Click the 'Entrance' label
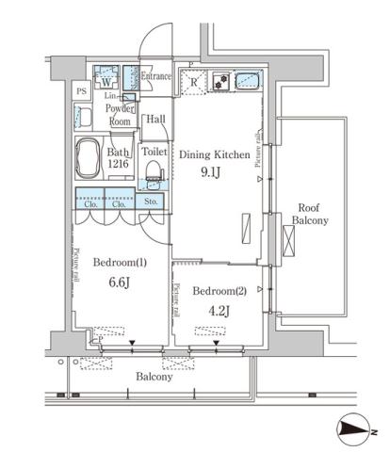click(155, 76)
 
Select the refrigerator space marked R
click(193, 82)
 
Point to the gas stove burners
click(219, 84)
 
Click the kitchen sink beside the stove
click(247, 82)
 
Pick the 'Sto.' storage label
click(151, 202)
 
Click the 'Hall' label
click(155, 119)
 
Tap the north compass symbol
click(354, 429)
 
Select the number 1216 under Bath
click(118, 164)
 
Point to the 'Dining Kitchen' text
click(215, 153)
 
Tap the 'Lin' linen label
click(110, 96)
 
